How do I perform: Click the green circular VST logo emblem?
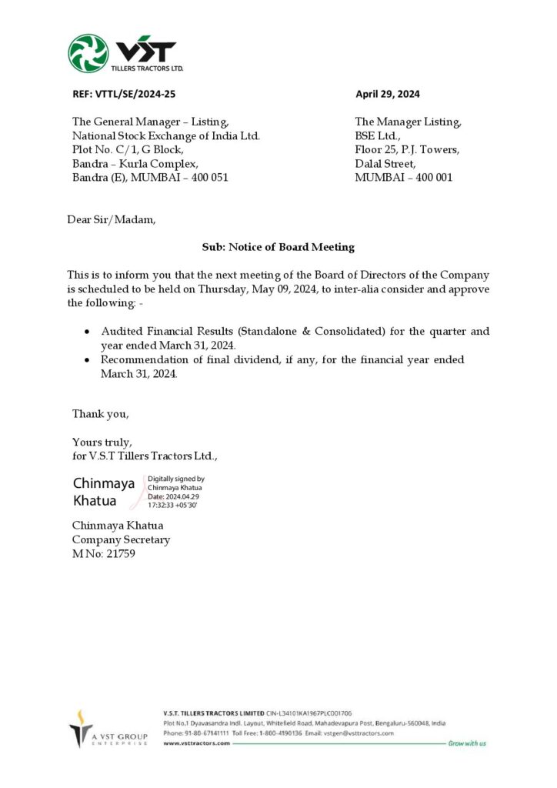pyautogui.click(x=88, y=53)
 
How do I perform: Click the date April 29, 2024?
pyautogui.click(x=387, y=95)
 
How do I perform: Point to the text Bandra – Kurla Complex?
pyautogui.click(x=135, y=164)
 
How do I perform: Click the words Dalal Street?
pyautogui.click(x=385, y=164)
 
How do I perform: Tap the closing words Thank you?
pyautogui.click(x=101, y=414)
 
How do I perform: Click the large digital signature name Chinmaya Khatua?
pyautogui.click(x=103, y=492)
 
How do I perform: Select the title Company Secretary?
pyautogui.click(x=121, y=539)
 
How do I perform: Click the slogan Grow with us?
pyautogui.click(x=467, y=743)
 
